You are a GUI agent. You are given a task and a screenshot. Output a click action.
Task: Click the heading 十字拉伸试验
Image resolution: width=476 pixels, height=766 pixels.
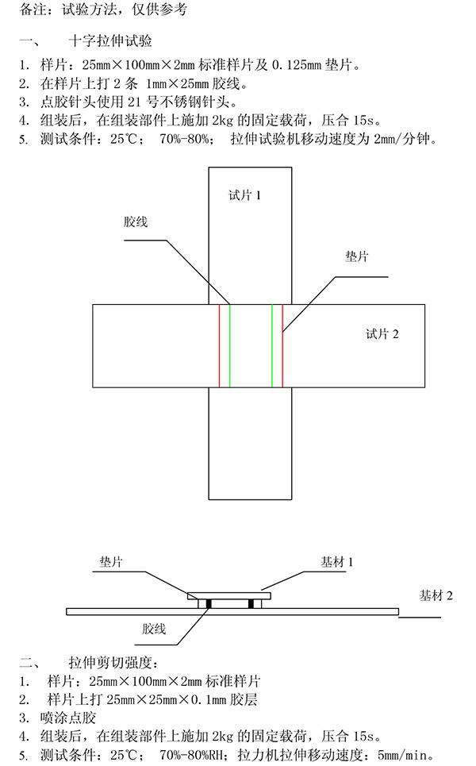(x=110, y=40)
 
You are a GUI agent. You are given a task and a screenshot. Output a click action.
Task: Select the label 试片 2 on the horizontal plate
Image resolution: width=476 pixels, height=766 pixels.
(x=382, y=334)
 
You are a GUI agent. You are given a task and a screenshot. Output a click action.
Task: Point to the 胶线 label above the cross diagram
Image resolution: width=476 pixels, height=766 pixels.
(x=135, y=222)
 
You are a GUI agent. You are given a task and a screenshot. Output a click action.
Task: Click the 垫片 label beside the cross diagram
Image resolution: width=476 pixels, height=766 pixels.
(x=356, y=257)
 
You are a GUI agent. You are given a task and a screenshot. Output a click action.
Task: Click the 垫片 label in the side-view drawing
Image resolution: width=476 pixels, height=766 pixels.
(x=110, y=561)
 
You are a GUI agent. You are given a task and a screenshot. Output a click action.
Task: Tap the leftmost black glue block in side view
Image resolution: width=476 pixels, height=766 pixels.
(x=208, y=603)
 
